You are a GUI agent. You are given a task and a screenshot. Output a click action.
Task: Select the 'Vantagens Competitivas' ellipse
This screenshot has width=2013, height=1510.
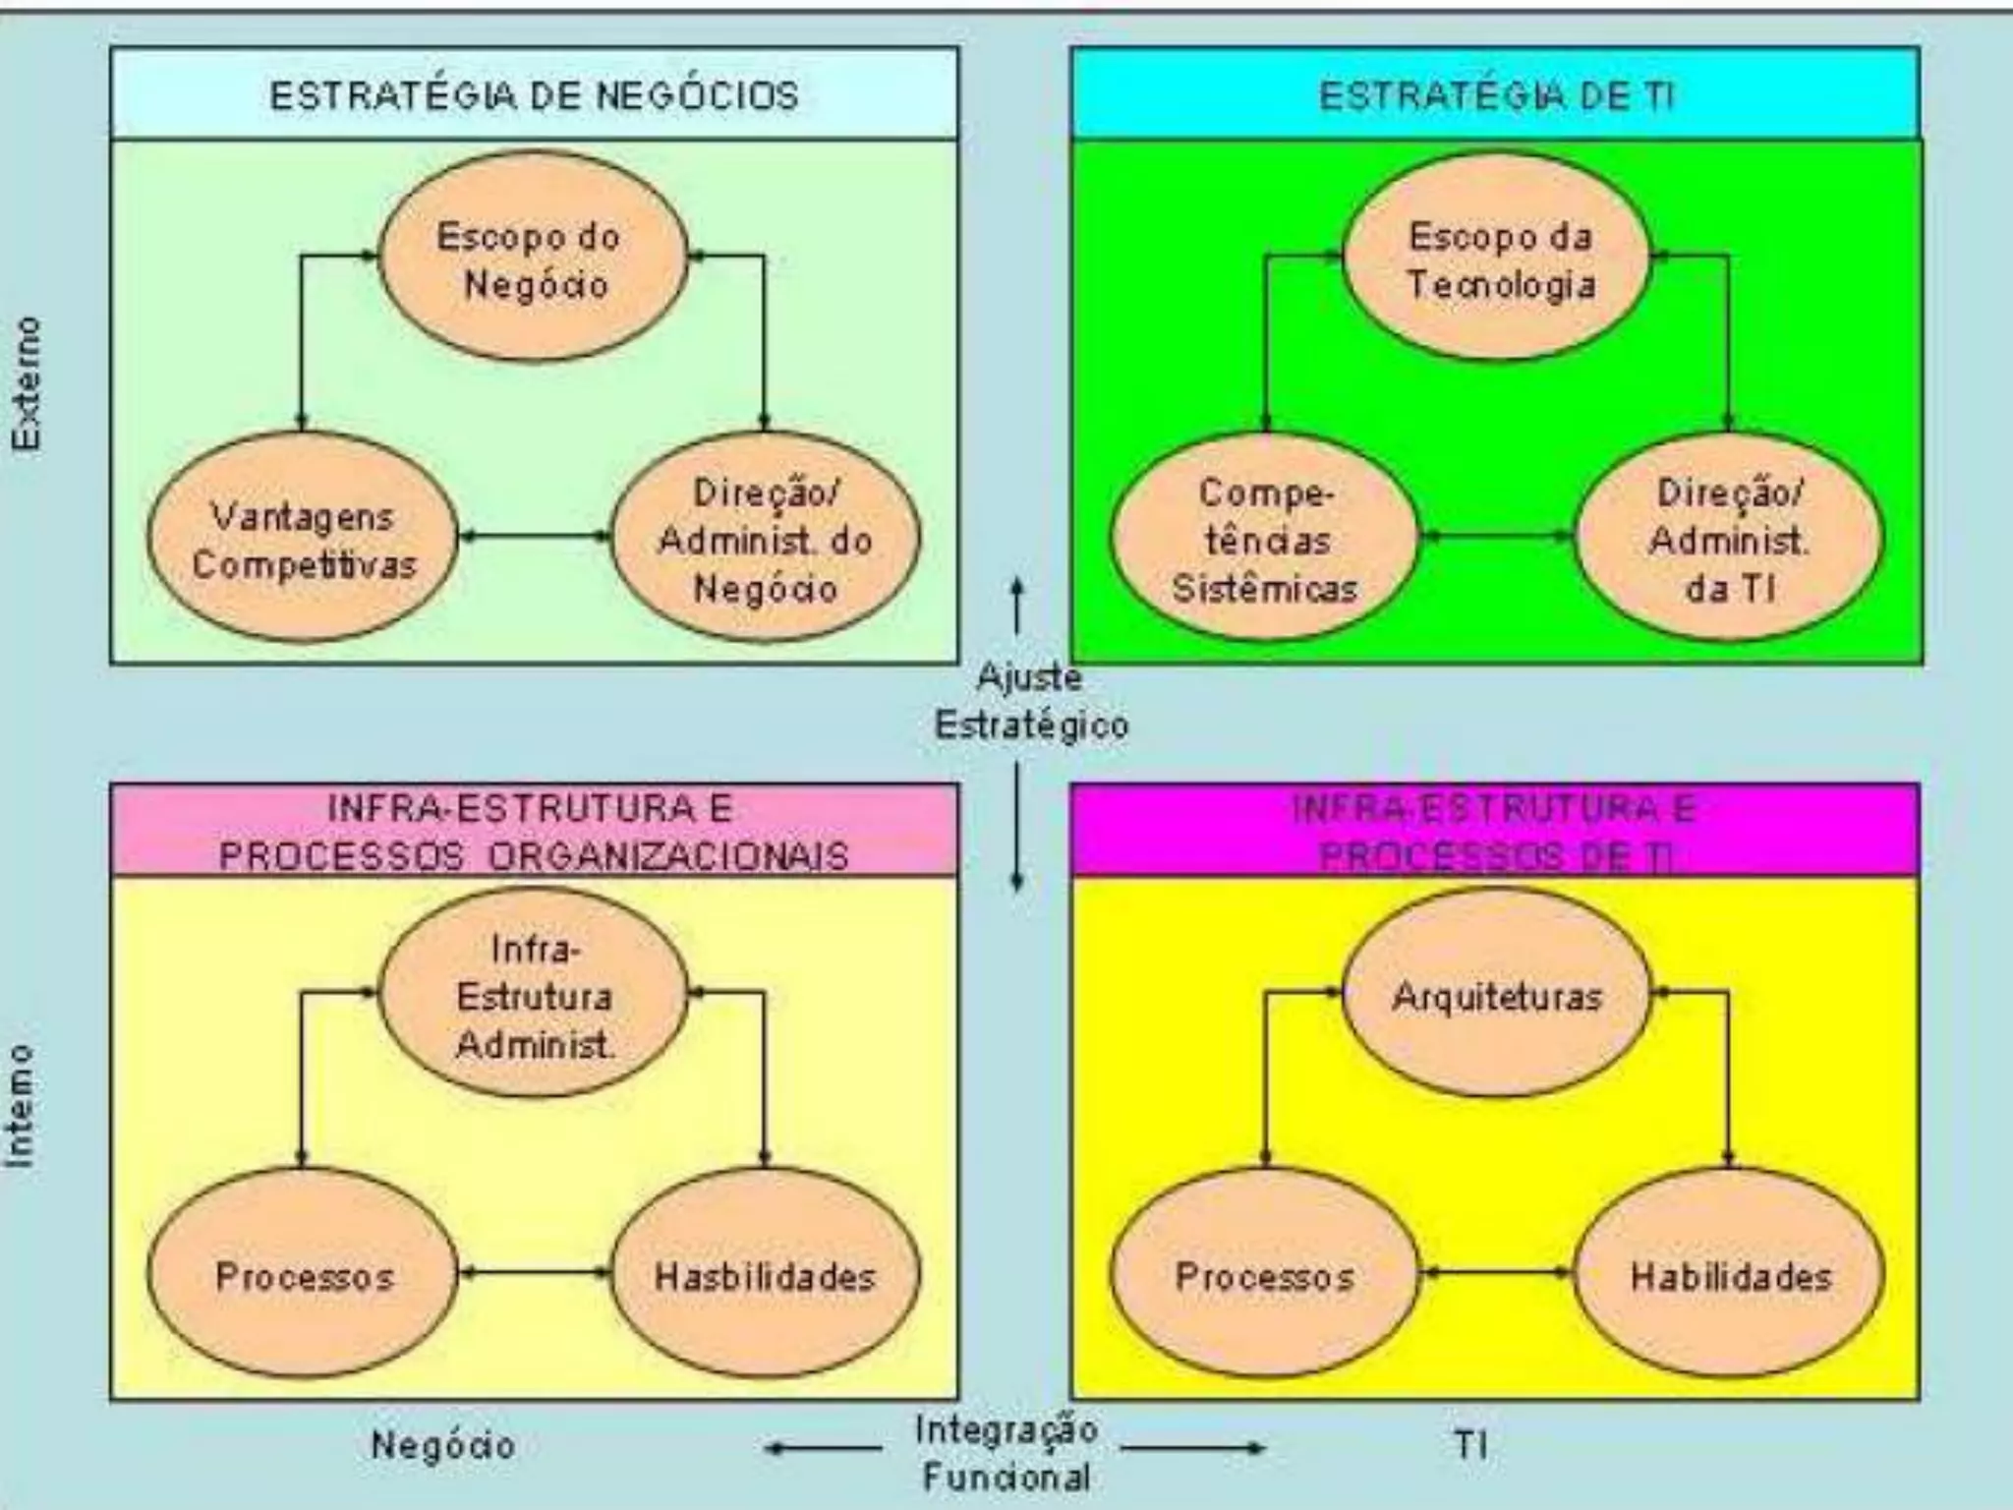coord(303,539)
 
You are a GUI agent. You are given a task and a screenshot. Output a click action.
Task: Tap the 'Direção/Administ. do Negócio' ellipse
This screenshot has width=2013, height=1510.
coord(766,539)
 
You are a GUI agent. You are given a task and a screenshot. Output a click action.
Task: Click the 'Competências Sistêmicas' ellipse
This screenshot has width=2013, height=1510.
coord(1265,539)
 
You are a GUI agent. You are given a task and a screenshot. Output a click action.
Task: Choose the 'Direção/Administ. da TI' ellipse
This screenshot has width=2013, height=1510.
coord(1729,539)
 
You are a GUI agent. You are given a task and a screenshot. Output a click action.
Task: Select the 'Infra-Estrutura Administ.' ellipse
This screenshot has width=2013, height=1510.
coord(534,995)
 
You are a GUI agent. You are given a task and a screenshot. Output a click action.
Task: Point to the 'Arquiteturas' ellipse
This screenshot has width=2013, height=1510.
coord(1497,995)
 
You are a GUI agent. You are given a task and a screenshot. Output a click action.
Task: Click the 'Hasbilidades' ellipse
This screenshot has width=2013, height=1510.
coord(766,1275)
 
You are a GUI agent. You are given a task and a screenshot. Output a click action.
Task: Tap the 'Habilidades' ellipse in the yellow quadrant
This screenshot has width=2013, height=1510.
coord(1729,1275)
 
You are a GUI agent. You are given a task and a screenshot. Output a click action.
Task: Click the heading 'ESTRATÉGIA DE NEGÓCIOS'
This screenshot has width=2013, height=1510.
coord(534,95)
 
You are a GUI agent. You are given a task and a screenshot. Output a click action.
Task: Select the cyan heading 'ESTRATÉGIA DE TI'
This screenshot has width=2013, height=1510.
coord(1495,95)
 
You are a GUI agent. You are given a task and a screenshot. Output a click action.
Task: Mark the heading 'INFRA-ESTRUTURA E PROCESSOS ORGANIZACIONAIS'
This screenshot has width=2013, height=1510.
coord(534,832)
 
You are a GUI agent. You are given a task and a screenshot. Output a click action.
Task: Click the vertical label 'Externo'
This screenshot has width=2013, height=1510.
coord(28,383)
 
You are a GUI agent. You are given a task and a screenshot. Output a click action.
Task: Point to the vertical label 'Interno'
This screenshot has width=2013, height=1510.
coord(22,1106)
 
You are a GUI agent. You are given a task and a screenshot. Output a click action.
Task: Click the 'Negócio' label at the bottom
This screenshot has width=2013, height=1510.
coord(443,1444)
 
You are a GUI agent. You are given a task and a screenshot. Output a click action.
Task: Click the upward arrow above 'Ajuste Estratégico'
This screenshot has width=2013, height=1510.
coord(1017,605)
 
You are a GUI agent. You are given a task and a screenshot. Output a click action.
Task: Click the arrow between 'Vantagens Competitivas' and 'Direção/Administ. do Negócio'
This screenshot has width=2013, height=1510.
coord(534,536)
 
